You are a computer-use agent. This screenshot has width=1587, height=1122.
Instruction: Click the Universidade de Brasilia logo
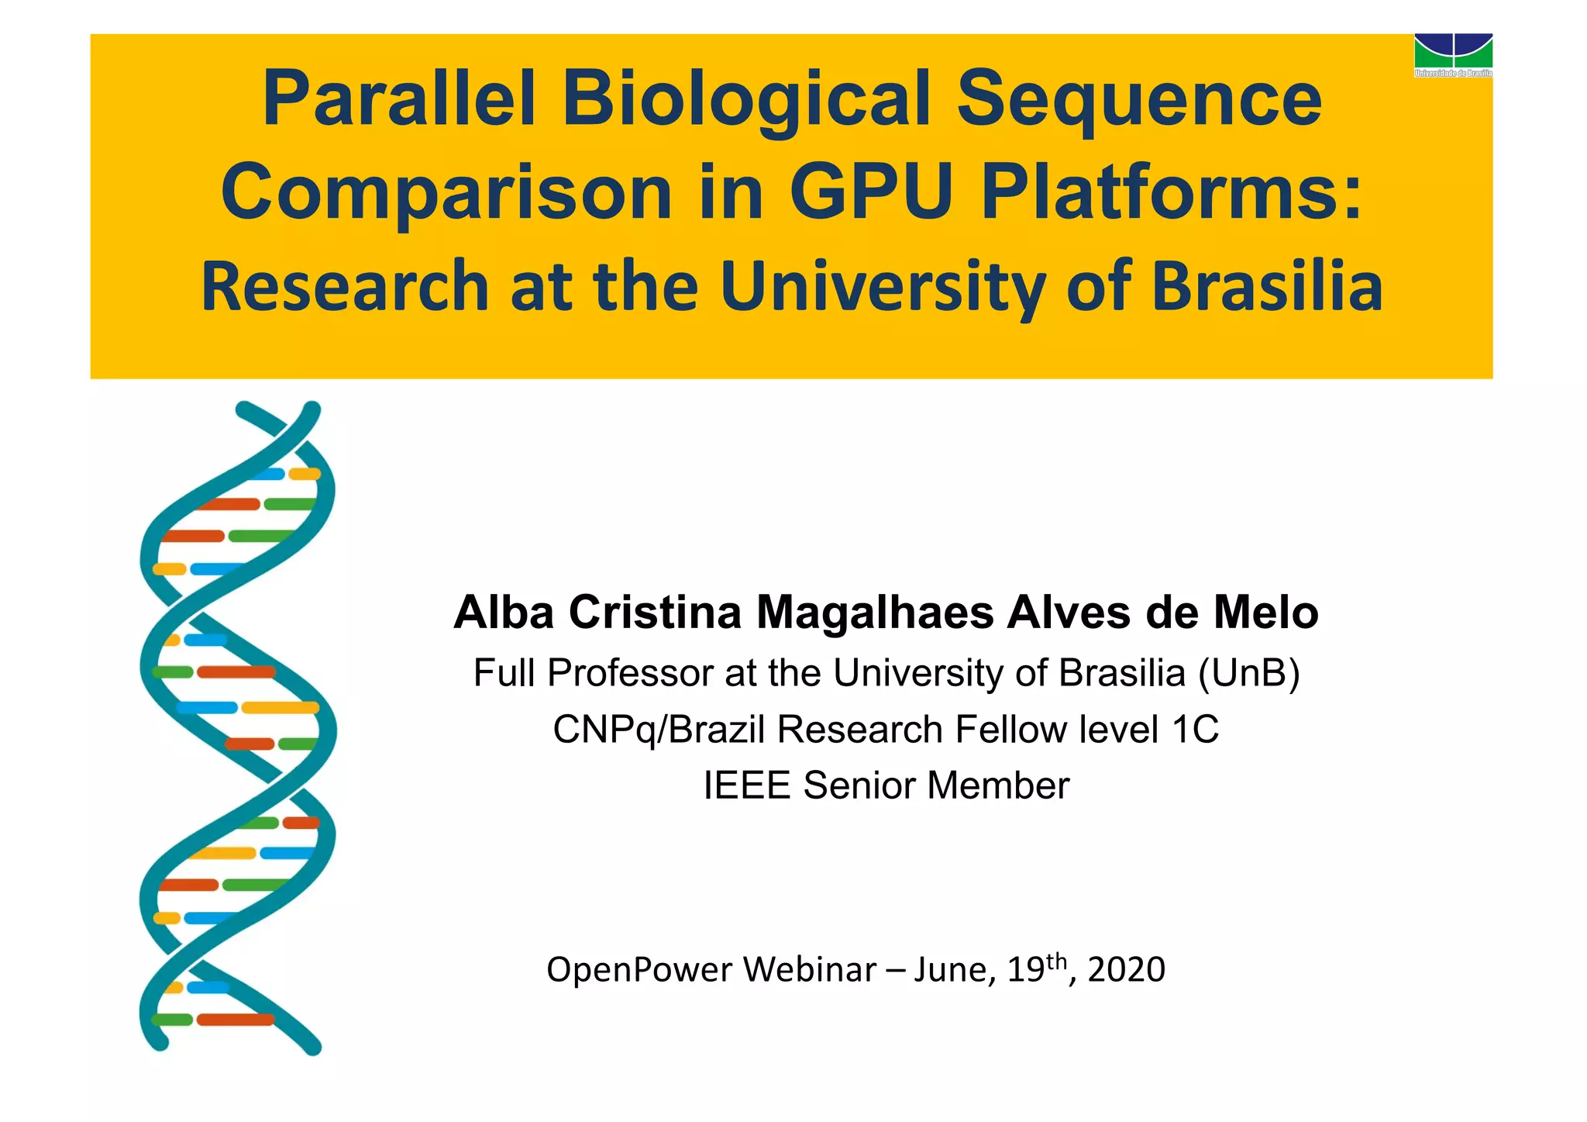coord(1453,54)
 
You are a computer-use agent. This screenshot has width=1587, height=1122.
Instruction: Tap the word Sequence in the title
coord(1139,99)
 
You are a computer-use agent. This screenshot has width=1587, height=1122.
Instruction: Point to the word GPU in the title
coord(870,192)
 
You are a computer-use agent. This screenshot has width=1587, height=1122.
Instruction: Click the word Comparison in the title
coord(446,192)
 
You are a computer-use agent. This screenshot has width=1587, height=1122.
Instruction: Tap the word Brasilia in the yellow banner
coord(1267,286)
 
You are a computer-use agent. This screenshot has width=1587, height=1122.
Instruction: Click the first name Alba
coord(504,613)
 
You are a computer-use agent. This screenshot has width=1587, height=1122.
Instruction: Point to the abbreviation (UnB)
coord(1248,673)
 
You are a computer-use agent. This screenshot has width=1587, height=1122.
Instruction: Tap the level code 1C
coord(1195,730)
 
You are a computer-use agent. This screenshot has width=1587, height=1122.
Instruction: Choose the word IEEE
coord(747,785)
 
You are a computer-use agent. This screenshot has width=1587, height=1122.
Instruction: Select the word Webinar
coord(810,970)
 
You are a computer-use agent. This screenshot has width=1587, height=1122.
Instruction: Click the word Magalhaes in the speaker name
coord(875,613)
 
